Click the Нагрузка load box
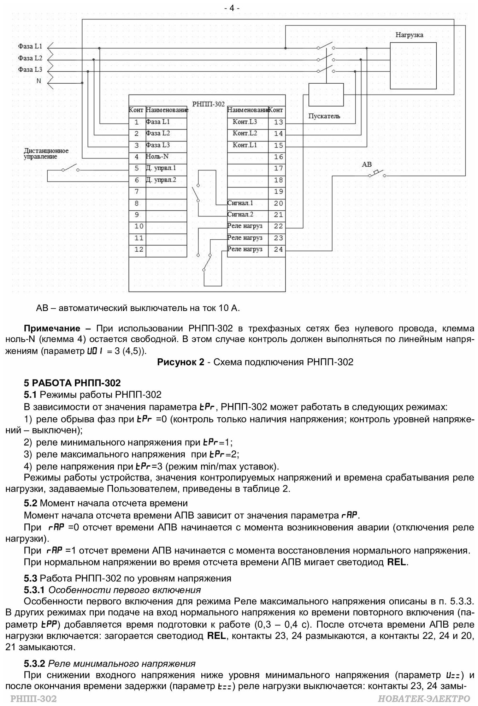click(x=413, y=66)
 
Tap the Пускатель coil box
click(x=326, y=95)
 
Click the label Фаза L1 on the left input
click(x=30, y=46)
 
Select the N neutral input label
click(x=39, y=81)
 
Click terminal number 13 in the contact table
click(x=278, y=122)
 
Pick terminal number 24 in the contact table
click(x=278, y=250)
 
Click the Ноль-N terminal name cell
click(x=157, y=157)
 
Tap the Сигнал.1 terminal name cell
click(x=241, y=203)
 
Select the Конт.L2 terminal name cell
click(x=245, y=133)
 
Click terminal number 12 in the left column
click(x=139, y=250)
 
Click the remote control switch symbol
click(x=70, y=168)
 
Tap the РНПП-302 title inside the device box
click(x=208, y=104)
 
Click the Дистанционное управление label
click(x=46, y=154)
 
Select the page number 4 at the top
click(x=232, y=8)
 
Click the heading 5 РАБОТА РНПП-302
click(x=72, y=383)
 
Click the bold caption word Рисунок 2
click(x=181, y=362)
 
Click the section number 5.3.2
click(x=34, y=664)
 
